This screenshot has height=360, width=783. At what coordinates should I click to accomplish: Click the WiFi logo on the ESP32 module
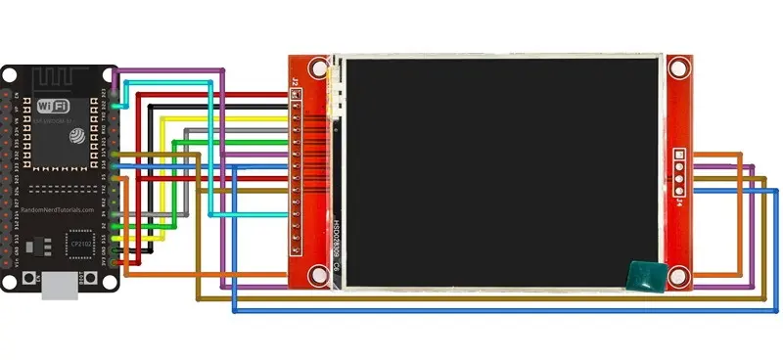tap(52, 105)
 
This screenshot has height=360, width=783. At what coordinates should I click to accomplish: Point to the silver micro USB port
tap(62, 286)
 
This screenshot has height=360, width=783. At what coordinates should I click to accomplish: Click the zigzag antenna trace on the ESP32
tap(68, 77)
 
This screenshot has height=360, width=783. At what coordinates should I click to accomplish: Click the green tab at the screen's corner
tap(645, 276)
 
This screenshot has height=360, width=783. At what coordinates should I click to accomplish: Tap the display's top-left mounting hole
tap(316, 68)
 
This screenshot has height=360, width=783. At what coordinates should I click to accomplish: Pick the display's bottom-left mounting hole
tap(316, 275)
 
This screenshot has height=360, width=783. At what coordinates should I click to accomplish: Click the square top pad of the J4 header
tap(679, 154)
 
